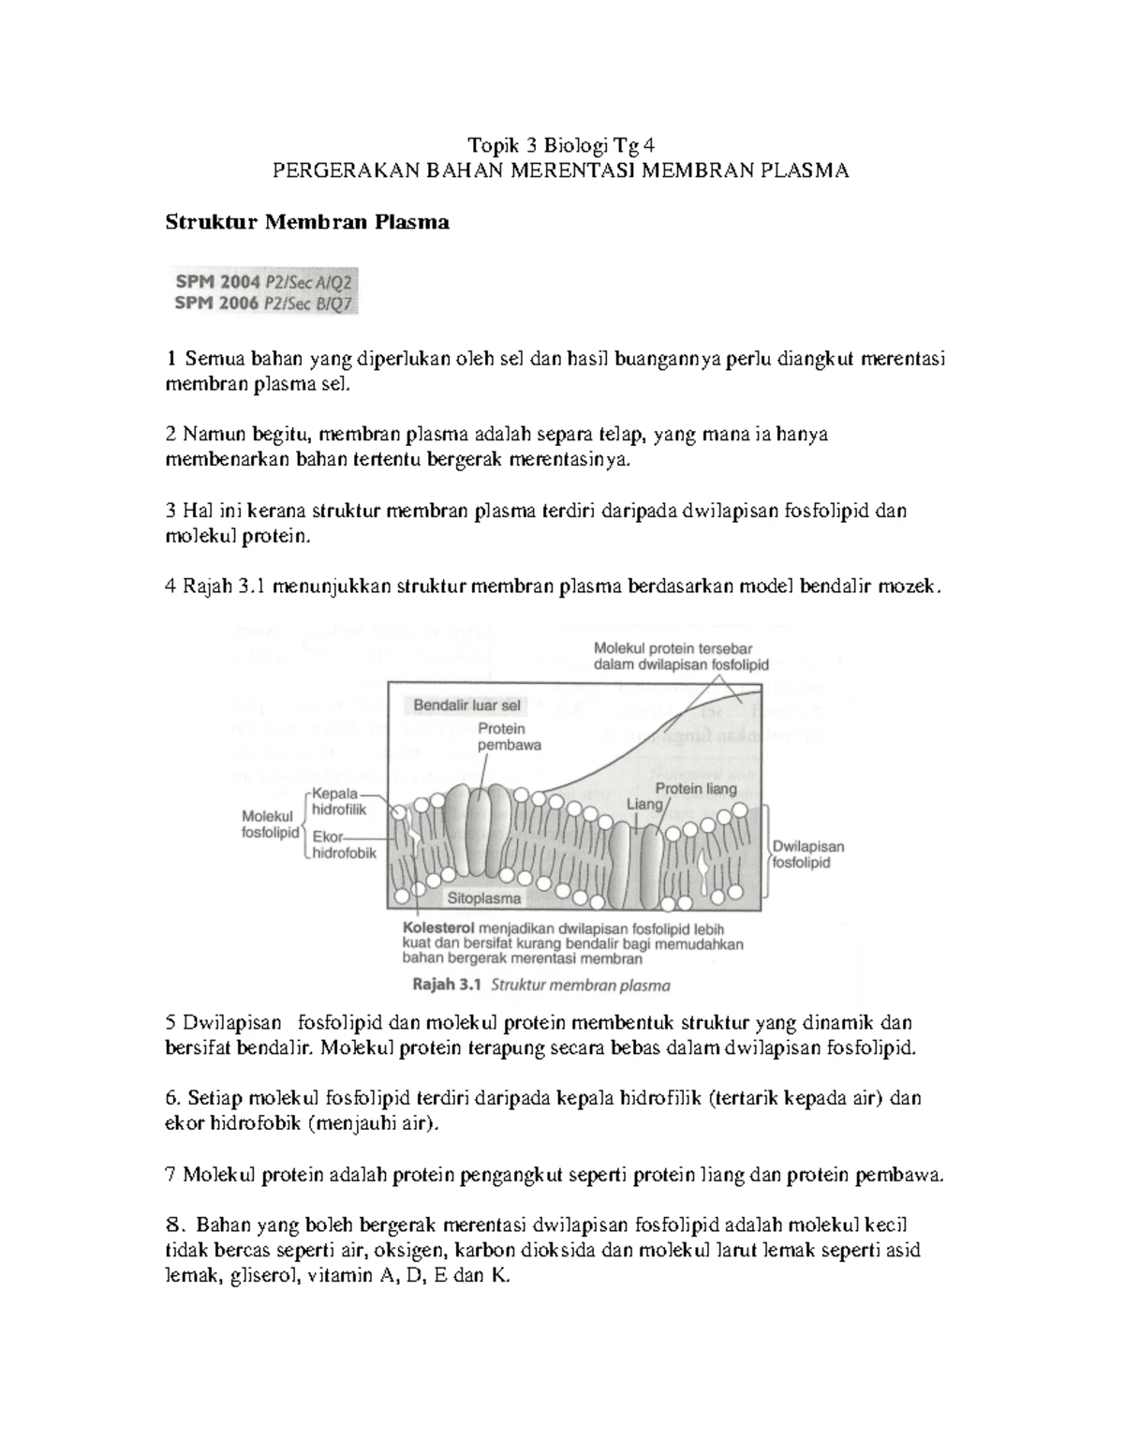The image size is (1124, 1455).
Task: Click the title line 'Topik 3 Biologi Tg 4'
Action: [x=562, y=145]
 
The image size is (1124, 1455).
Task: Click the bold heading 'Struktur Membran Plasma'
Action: [x=307, y=222]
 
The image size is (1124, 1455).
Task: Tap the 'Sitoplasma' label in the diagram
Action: [x=483, y=898]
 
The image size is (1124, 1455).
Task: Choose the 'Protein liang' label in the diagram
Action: [x=695, y=789]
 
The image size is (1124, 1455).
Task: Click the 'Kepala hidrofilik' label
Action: [x=339, y=802]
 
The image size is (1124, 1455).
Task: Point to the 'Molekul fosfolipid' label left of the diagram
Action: [x=268, y=824]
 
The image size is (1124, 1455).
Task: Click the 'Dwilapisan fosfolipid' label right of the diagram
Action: [x=807, y=854]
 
